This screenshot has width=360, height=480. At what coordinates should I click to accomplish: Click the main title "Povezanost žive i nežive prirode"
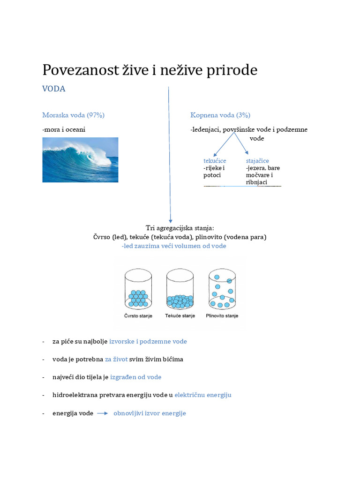[x=150, y=70]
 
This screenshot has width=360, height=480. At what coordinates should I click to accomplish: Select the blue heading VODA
[x=54, y=89]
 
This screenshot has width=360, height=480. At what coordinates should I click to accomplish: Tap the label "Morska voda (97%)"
[x=73, y=115]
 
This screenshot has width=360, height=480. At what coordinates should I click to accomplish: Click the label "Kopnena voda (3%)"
[x=220, y=115]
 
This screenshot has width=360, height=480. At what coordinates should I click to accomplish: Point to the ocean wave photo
[x=80, y=159]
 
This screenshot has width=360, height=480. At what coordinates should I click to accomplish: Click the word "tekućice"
[x=215, y=161]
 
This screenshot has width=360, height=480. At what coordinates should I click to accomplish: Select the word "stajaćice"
[x=257, y=161]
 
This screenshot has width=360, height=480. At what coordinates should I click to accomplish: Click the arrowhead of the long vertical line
[x=170, y=220]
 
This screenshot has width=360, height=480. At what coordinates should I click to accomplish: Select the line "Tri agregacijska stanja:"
[x=180, y=228]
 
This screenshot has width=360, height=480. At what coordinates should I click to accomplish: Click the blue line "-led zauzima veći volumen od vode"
[x=174, y=246]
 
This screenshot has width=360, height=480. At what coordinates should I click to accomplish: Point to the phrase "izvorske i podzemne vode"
[x=148, y=341]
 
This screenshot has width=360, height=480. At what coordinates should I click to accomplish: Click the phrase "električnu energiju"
[x=203, y=395]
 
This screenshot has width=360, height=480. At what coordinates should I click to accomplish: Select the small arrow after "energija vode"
[x=103, y=413]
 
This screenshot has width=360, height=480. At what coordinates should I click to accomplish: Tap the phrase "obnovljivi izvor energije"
[x=150, y=413]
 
